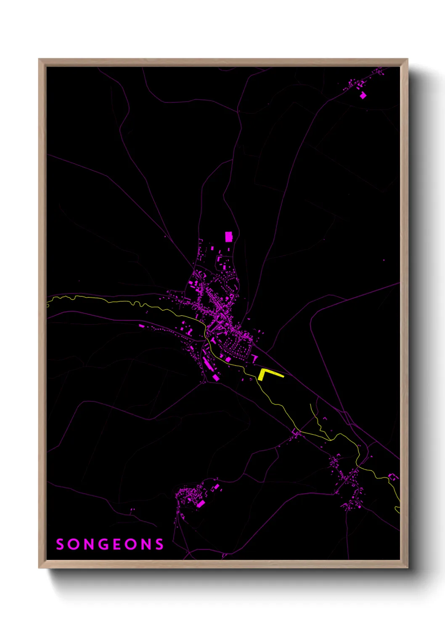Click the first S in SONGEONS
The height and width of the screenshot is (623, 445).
(x=60, y=544)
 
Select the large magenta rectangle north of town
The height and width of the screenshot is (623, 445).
(x=228, y=237)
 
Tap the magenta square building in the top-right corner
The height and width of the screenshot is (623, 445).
(x=363, y=96)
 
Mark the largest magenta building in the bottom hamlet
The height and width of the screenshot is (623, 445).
(x=201, y=503)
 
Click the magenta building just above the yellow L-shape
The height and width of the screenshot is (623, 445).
(x=254, y=358)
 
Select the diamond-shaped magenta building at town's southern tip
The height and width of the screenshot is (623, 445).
(x=216, y=378)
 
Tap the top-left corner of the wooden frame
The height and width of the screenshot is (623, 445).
(x=39, y=59)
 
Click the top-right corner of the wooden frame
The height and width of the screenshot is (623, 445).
(x=408, y=59)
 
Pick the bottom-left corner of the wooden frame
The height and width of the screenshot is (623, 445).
(x=39, y=567)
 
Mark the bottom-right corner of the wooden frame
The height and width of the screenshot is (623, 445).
(x=408, y=567)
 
